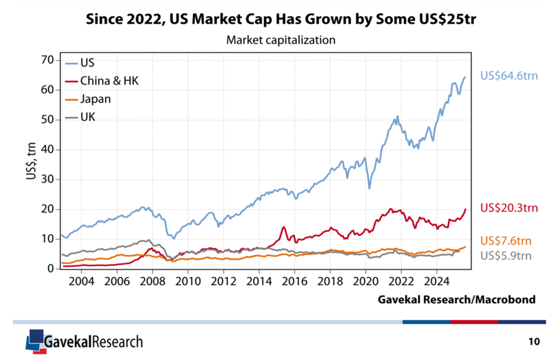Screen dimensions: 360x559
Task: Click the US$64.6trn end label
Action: pyautogui.click(x=509, y=76)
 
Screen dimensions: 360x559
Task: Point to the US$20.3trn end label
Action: pyautogui.click(x=509, y=208)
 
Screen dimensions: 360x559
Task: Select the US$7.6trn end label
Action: pyautogui.click(x=506, y=241)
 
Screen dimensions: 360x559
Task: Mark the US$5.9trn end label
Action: pyautogui.click(x=506, y=255)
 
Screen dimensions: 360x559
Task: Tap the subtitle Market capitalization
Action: pyautogui.click(x=281, y=39)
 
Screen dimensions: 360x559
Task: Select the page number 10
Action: pyautogui.click(x=534, y=341)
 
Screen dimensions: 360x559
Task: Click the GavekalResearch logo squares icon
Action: pyautogui.click(x=34, y=340)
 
